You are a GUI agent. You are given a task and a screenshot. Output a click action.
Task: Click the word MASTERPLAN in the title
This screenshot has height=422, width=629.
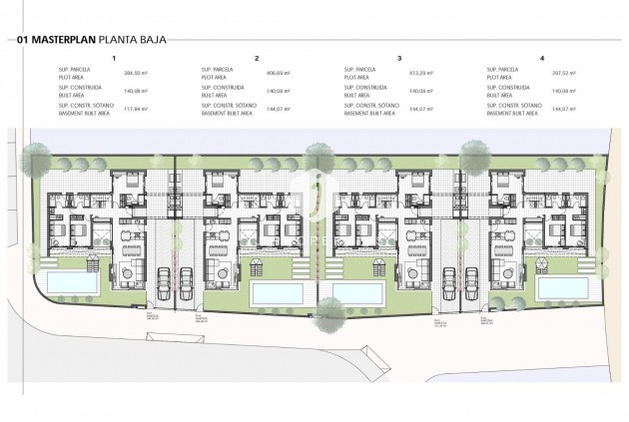65,41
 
